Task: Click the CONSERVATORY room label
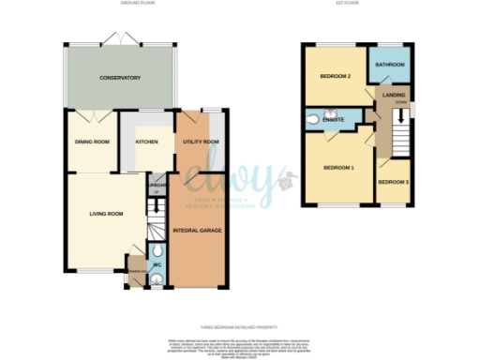tap(120, 78)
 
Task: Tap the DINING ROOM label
tap(92, 142)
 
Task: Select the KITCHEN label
tap(147, 142)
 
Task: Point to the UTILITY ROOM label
tap(201, 142)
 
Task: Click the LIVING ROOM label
tap(106, 214)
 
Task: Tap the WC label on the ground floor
tap(156, 263)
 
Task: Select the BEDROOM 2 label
tap(335, 76)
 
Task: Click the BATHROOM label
tap(389, 65)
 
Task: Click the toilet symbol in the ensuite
tap(311, 120)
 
